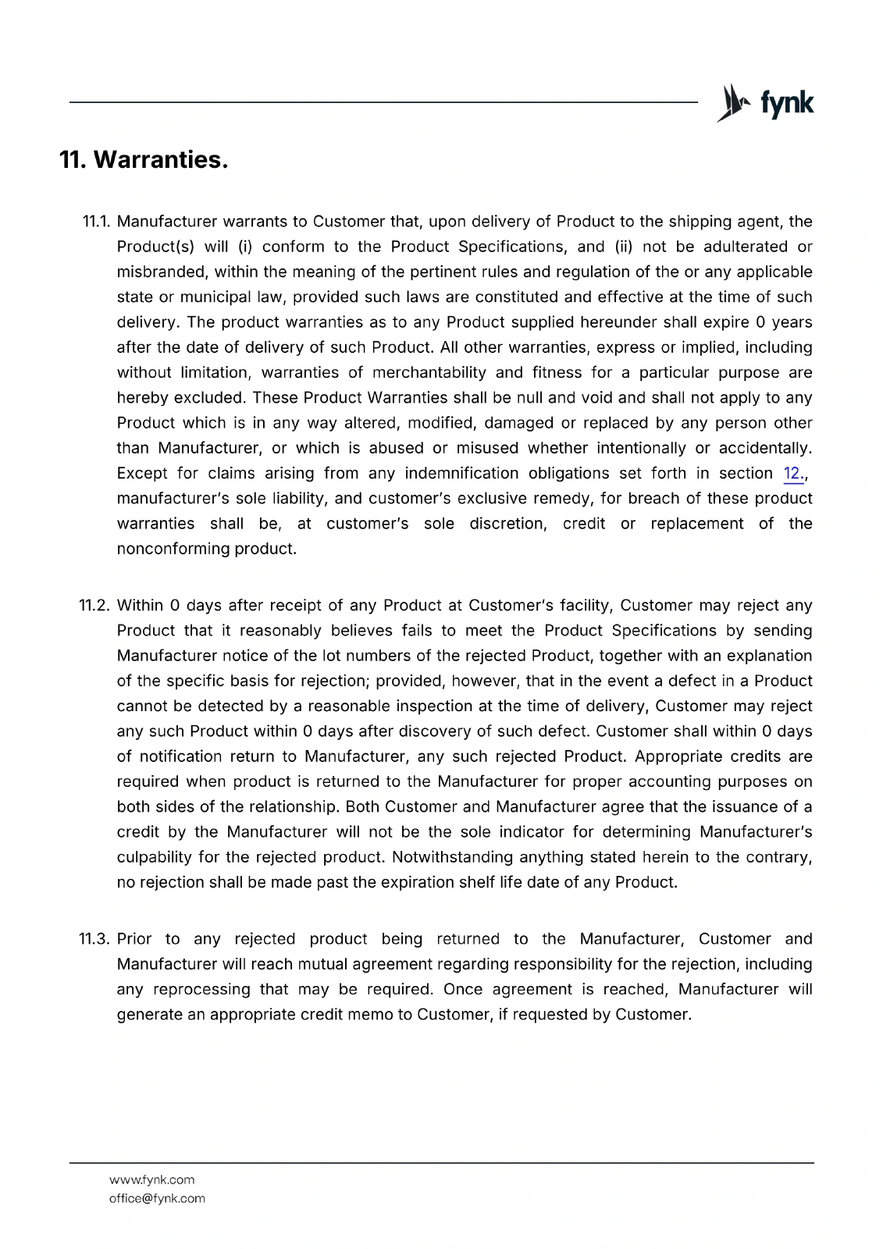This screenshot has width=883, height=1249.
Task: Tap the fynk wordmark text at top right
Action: click(x=786, y=103)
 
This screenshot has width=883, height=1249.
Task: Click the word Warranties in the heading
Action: click(x=160, y=160)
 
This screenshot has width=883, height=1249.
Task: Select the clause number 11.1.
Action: click(x=97, y=222)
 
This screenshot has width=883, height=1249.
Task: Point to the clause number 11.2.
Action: click(x=95, y=606)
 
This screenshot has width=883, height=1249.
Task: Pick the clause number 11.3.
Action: click(x=95, y=939)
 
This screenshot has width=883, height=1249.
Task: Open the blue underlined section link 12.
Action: click(x=792, y=474)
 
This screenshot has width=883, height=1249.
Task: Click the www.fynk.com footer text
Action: click(x=152, y=1180)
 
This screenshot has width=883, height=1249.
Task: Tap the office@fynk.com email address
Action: click(x=157, y=1199)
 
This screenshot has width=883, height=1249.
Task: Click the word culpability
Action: click(x=154, y=857)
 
